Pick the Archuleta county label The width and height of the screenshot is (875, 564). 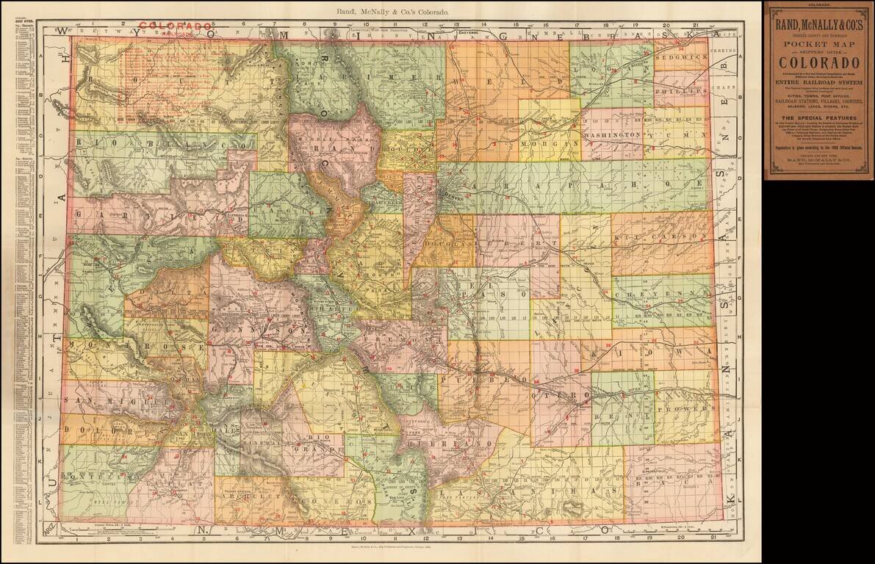(x=248, y=494)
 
